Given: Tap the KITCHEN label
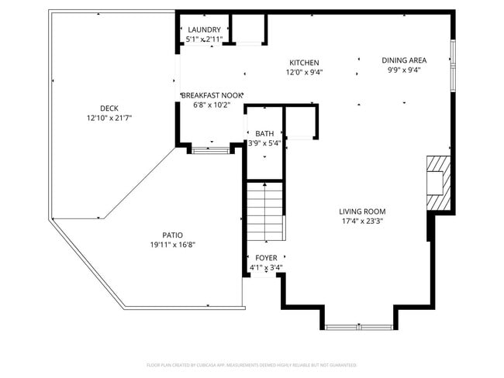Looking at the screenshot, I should pyautogui.click(x=304, y=63).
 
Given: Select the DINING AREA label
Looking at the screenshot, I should pyautogui.click(x=404, y=60).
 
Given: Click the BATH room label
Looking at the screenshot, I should pyautogui.click(x=264, y=133).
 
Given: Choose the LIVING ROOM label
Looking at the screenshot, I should pyautogui.click(x=361, y=211).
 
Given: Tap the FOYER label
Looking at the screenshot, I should pyautogui.click(x=265, y=258).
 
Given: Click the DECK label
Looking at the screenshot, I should pyautogui.click(x=109, y=108).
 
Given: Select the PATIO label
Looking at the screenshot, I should pyautogui.click(x=172, y=235).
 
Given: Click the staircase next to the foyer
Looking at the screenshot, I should pyautogui.click(x=265, y=211).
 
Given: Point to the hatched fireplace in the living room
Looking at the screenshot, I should pyautogui.click(x=437, y=183).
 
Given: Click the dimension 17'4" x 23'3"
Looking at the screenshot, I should pyautogui.click(x=361, y=222).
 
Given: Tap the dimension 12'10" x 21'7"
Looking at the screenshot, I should pyautogui.click(x=109, y=119).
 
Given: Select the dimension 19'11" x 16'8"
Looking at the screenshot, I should pyautogui.click(x=172, y=245).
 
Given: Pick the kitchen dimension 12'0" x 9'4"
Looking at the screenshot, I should pyautogui.click(x=304, y=73).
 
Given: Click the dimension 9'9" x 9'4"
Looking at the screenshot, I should pyautogui.click(x=404, y=70).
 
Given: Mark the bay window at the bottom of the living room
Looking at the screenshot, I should pyautogui.click(x=359, y=327).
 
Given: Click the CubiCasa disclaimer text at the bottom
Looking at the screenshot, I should pyautogui.click(x=252, y=364).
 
